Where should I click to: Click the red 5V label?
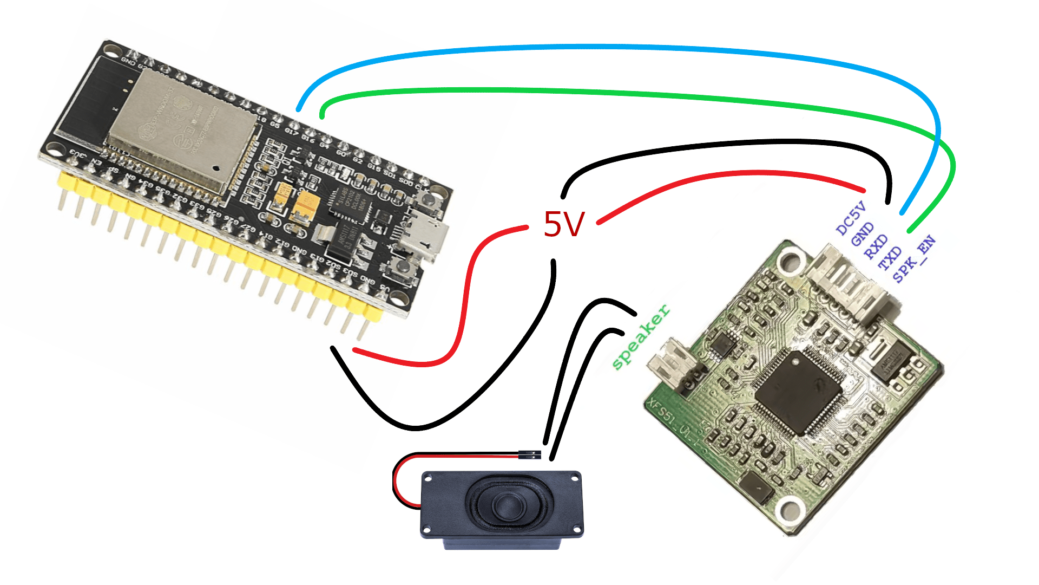(x=564, y=224)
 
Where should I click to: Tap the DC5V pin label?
(x=851, y=218)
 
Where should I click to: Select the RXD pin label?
(x=876, y=246)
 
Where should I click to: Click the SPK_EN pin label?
(x=914, y=259)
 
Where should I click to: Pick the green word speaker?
(x=641, y=337)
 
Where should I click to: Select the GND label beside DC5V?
(x=863, y=233)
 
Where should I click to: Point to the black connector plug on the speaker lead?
(x=530, y=454)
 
